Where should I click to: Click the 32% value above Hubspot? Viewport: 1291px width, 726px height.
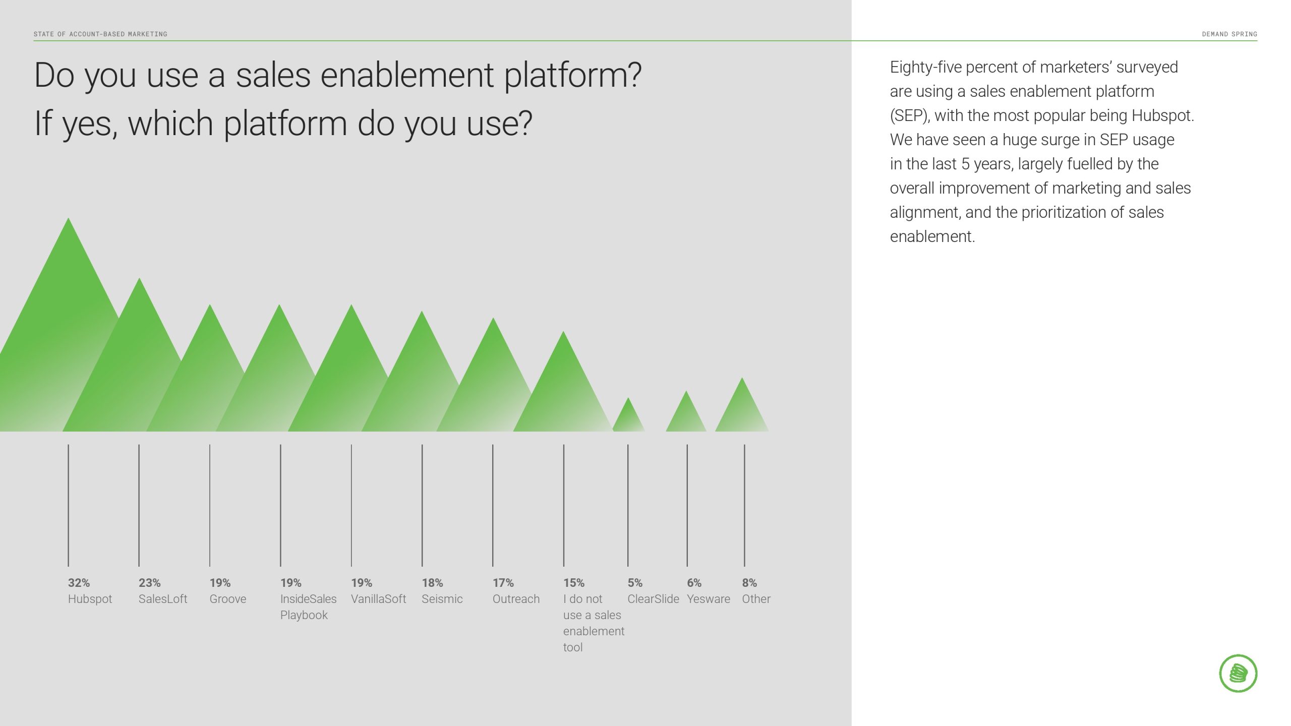[x=79, y=583]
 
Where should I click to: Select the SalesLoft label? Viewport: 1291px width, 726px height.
[x=163, y=599]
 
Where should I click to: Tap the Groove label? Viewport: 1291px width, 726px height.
[x=228, y=599]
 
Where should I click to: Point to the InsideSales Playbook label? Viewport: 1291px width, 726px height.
[x=308, y=607]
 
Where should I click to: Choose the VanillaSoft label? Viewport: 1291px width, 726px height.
[x=378, y=599]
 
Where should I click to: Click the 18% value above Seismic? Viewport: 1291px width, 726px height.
[x=432, y=583]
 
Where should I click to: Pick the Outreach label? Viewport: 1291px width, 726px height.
[x=516, y=599]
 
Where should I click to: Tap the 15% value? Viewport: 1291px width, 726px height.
[x=574, y=583]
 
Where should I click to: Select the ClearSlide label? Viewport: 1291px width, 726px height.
[x=653, y=599]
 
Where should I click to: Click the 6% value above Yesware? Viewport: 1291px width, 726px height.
[x=694, y=583]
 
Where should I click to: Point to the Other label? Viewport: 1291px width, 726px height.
[x=756, y=599]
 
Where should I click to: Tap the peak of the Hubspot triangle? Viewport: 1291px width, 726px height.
[x=68, y=218]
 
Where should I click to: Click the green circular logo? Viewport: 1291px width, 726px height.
[x=1238, y=673]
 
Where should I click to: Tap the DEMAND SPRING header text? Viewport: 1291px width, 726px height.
[x=1229, y=34]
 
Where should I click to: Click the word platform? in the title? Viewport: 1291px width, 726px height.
[x=573, y=76]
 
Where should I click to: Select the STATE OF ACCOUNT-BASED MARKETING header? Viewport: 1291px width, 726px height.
[x=100, y=34]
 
